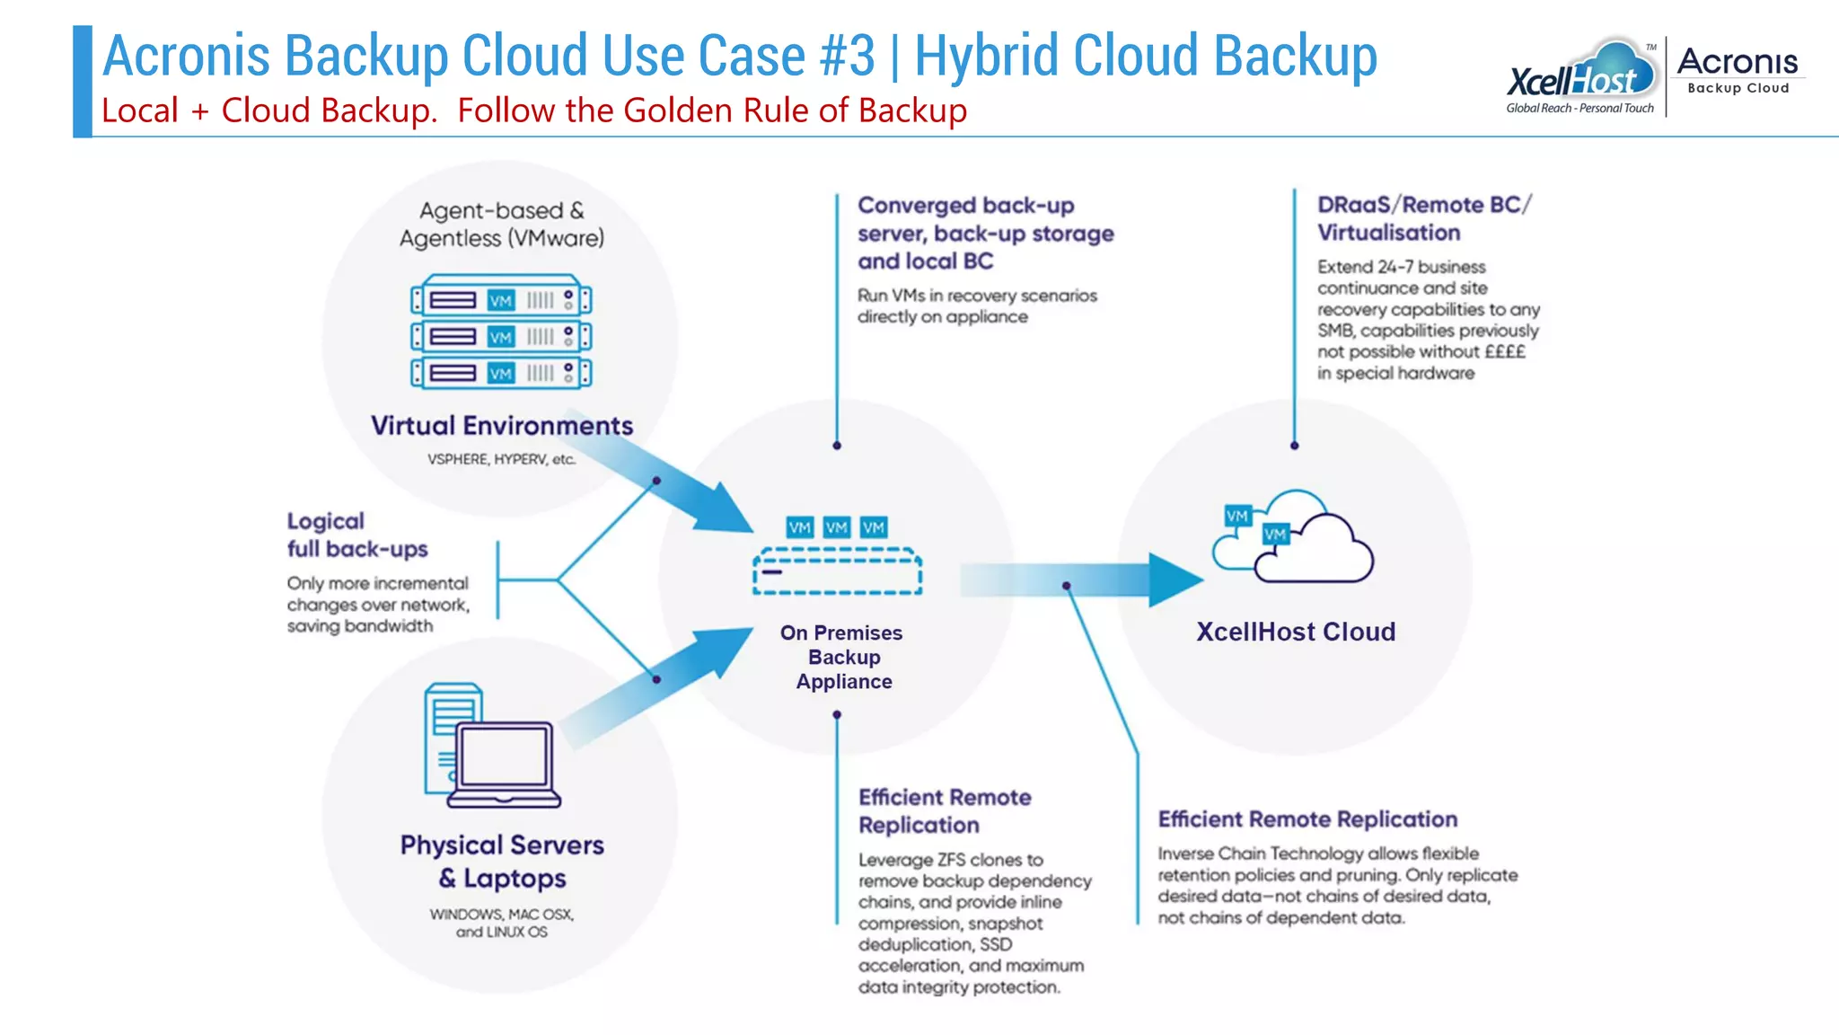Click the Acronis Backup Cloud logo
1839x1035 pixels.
(1738, 70)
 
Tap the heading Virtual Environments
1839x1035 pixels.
(502, 425)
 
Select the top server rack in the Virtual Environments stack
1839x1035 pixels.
(501, 299)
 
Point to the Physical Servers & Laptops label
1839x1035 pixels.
(502, 861)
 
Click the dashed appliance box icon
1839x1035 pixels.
(837, 571)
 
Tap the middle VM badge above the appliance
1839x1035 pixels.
(836, 527)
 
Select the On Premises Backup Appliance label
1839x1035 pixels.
(842, 657)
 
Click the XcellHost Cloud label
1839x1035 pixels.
(1295, 632)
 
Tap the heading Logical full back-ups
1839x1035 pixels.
(356, 535)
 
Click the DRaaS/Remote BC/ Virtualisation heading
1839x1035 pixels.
(1423, 218)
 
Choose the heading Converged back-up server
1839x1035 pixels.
(985, 233)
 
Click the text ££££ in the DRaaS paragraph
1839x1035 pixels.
(1504, 351)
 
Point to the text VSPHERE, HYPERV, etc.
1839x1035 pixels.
(501, 459)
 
